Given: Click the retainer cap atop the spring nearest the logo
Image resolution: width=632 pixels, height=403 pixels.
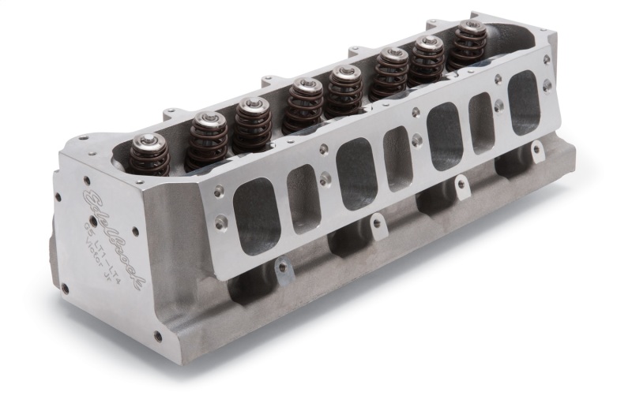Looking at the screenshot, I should [147, 142].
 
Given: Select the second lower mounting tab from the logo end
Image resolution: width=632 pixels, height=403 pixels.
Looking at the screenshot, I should [378, 224].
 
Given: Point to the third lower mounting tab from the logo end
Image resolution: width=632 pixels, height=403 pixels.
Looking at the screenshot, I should [460, 185].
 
